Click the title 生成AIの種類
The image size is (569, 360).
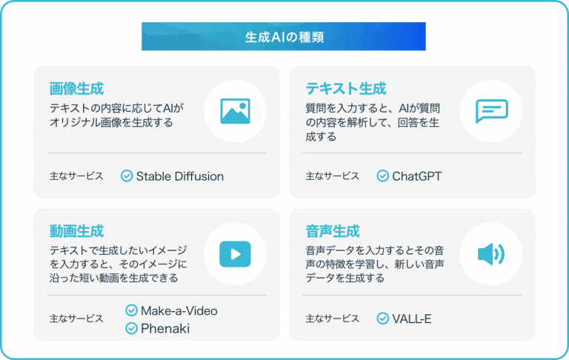coord(284,37)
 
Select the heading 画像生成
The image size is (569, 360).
coord(76,89)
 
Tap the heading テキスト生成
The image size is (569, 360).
coord(346,89)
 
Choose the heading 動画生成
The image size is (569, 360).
coord(76,231)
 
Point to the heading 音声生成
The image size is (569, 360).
coord(333,231)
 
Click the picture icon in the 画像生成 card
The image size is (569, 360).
coord(235,111)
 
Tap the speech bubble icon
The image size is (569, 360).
coord(492,111)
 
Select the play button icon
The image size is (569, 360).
coord(235,254)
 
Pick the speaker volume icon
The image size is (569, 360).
coord(491,254)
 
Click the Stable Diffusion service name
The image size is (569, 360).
coord(180,176)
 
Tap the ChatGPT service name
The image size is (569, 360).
coord(417,176)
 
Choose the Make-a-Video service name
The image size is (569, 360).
coord(179,311)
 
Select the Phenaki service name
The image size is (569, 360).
coord(165,328)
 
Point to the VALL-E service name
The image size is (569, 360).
coord(412,319)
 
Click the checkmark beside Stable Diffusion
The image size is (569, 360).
coord(127,176)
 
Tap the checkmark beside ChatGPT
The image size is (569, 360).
coord(383,176)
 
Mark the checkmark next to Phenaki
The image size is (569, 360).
coord(131,328)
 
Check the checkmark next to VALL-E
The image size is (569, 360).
coord(383,319)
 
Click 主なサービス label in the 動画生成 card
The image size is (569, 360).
coord(76,319)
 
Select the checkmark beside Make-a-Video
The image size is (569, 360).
coord(131,310)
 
